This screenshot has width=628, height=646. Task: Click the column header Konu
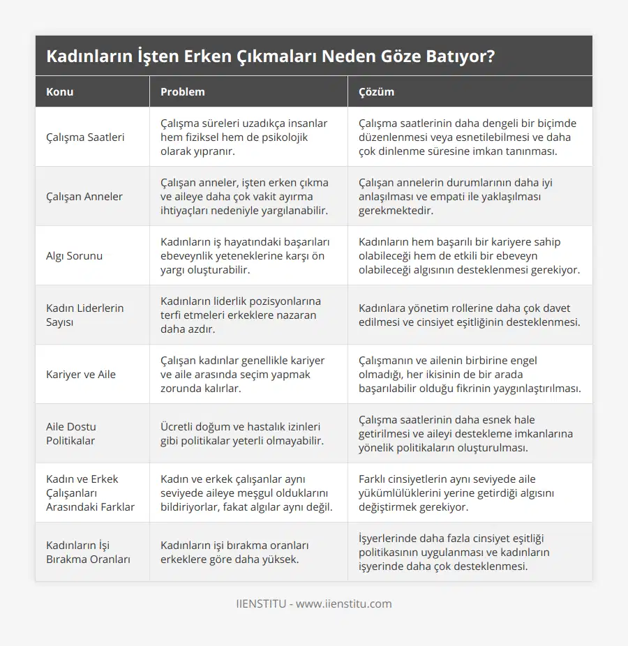click(60, 92)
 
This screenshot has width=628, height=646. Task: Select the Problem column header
click(183, 92)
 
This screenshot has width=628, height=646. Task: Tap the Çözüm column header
click(376, 92)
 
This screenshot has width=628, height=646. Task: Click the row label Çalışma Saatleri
click(85, 137)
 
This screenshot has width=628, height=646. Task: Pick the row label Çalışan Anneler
click(84, 196)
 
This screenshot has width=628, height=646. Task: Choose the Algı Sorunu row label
click(74, 255)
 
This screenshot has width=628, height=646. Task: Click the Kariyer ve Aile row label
click(81, 374)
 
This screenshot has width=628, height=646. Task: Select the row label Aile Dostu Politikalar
click(71, 433)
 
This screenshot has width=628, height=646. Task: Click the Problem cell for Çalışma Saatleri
click(244, 137)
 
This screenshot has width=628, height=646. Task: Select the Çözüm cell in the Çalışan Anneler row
click(455, 196)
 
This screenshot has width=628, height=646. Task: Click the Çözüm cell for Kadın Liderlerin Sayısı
click(468, 315)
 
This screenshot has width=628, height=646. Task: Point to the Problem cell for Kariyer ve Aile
click(242, 374)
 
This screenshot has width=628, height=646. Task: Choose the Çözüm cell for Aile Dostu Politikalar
click(465, 433)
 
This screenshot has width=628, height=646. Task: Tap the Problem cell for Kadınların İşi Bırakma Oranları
click(234, 552)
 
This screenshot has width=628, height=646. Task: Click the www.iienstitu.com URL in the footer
click(343, 603)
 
